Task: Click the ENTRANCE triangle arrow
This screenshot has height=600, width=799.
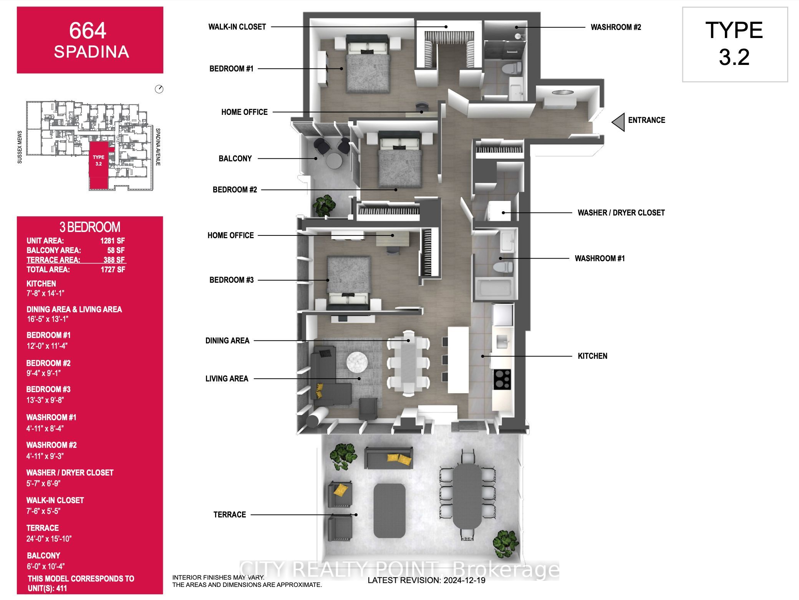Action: coord(618,123)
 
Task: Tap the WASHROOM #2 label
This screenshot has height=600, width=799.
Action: coord(615,27)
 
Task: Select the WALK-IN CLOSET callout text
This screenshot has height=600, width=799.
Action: coord(237,27)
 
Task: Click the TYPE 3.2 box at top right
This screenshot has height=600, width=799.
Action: coord(734,44)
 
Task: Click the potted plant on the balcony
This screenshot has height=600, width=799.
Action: coord(324,205)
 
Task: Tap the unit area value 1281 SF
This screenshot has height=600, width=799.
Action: coord(113,241)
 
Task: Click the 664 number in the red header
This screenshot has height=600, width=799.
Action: coord(88,30)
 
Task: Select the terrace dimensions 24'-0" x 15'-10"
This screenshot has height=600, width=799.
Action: coord(49,539)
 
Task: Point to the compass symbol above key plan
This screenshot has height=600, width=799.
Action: coord(159,90)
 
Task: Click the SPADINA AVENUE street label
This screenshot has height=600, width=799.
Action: coord(158,147)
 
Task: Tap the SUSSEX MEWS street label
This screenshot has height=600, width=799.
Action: coord(20,147)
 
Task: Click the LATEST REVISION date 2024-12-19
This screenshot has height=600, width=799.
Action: coord(426,580)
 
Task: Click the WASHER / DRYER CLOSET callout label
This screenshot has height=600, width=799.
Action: coord(621,213)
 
